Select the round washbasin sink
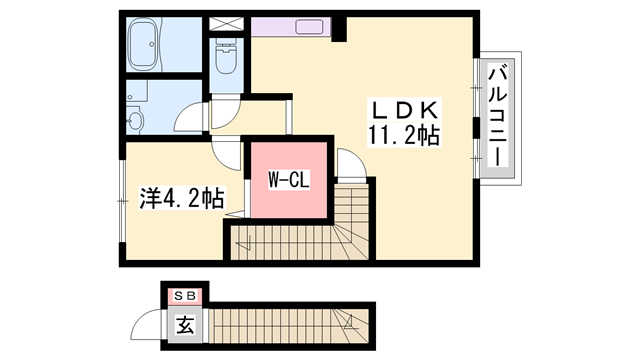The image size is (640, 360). coord(137,121)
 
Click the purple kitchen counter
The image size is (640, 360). coord(290,27)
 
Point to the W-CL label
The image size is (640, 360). coord(287,181)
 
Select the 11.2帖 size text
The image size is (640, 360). coord(403,135)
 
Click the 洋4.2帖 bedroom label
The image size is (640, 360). coord(180,198)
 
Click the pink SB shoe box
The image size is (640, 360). coord(185,295)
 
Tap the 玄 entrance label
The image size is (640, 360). coord(185,325)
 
